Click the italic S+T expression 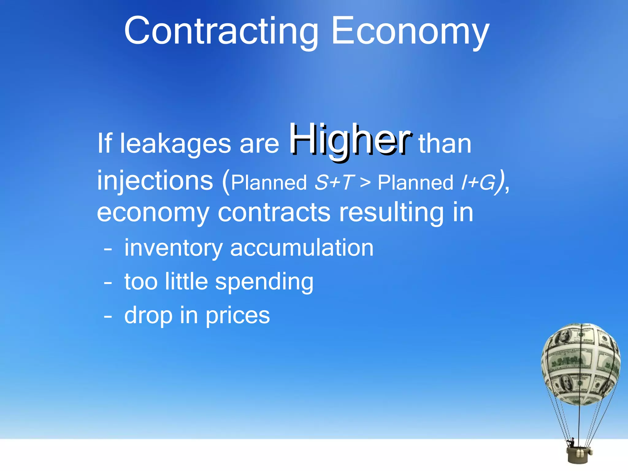[335, 182]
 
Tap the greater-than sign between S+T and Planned [365, 183]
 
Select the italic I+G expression [478, 183]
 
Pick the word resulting [391, 213]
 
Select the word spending [264, 282]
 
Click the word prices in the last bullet [238, 316]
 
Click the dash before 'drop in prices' [108, 316]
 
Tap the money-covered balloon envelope [580, 363]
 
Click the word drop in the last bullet [148, 316]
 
